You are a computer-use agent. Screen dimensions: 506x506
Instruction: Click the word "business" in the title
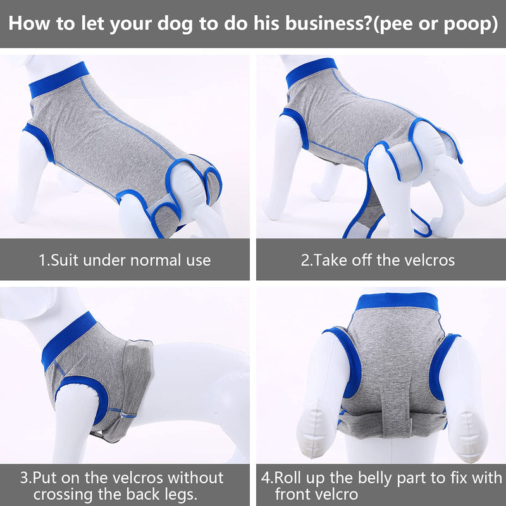(328, 23)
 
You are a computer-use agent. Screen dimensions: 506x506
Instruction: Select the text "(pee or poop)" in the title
(436, 25)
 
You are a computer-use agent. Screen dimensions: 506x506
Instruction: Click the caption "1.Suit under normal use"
(125, 260)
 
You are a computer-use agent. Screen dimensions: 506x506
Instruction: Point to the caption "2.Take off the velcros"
(378, 260)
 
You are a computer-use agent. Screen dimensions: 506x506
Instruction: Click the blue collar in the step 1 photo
(59, 80)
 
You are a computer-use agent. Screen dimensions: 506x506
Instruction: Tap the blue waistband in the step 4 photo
(397, 301)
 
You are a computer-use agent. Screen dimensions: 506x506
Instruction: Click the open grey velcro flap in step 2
(404, 161)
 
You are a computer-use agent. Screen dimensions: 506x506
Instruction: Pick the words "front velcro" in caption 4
(316, 495)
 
